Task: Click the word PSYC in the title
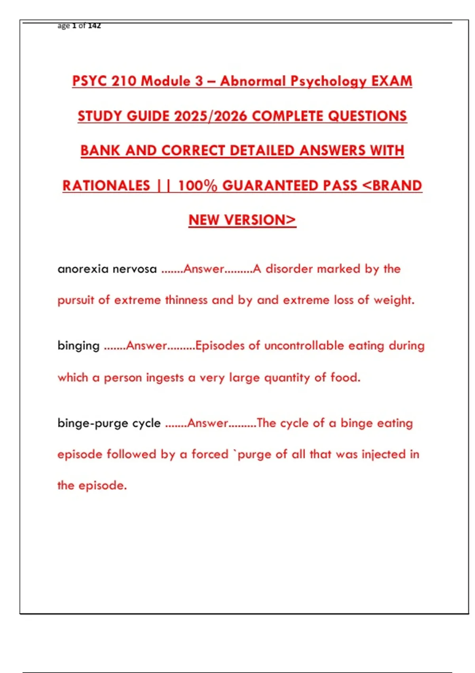click(x=89, y=81)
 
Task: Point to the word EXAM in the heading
click(x=391, y=81)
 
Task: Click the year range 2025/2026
click(x=211, y=116)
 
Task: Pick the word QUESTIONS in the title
click(x=367, y=116)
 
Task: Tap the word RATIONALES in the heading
click(x=106, y=186)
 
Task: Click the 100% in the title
click(x=197, y=186)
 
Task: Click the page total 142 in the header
click(x=94, y=26)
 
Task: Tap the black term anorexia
click(x=83, y=269)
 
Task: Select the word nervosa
click(x=135, y=269)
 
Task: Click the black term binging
click(x=78, y=346)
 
